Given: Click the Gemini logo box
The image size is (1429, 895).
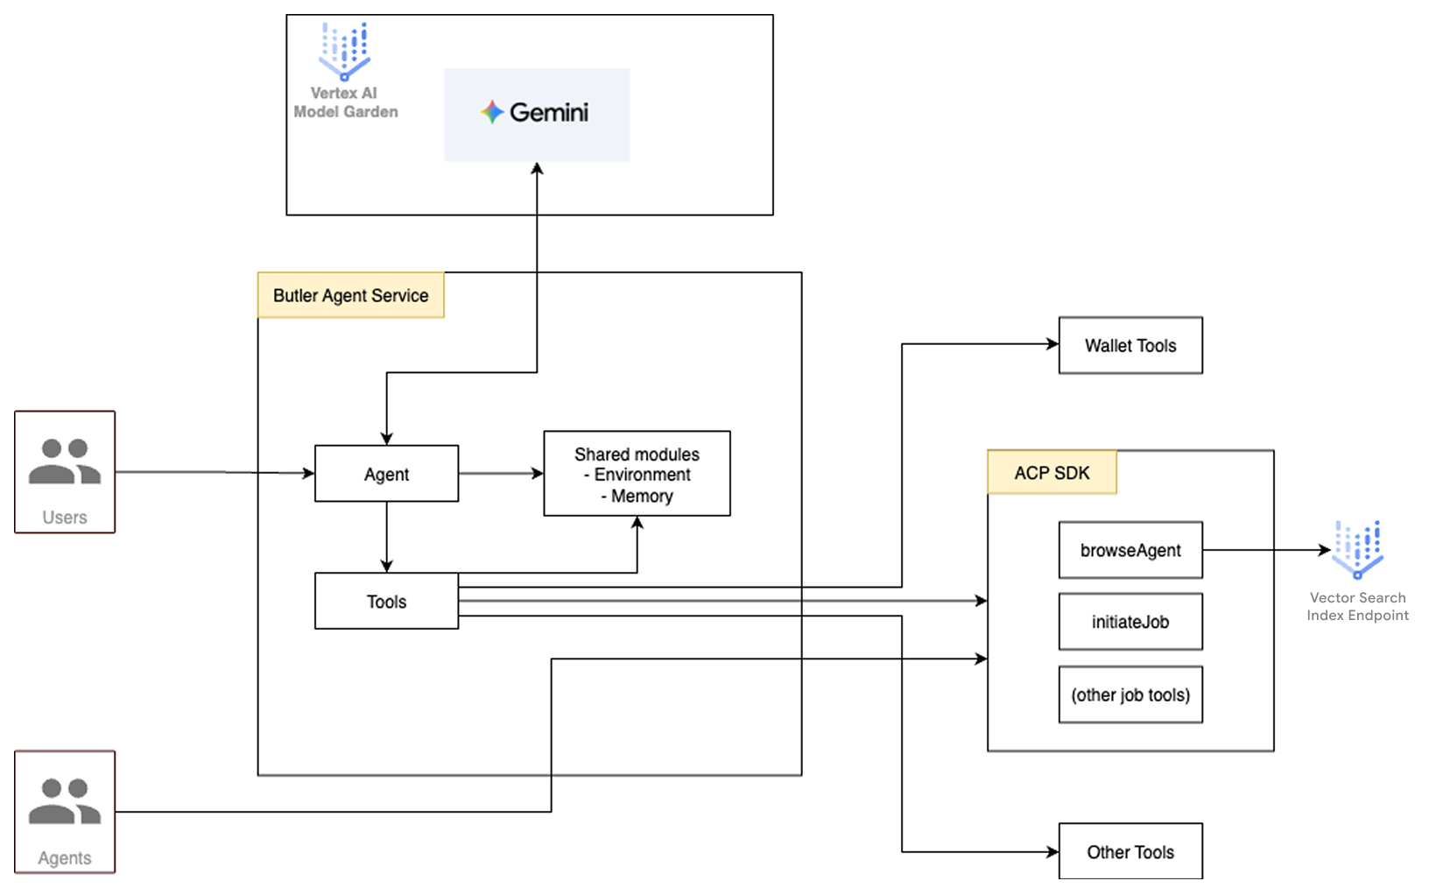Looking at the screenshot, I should click(x=536, y=114).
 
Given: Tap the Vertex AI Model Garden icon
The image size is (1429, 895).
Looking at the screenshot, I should click(x=344, y=52).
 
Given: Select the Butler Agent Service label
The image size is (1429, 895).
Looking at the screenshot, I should click(x=350, y=295).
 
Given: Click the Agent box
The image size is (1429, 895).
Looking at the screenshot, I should click(x=386, y=474).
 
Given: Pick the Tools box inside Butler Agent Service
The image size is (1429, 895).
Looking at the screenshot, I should click(x=386, y=602).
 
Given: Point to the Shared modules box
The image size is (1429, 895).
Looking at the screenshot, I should click(x=637, y=473).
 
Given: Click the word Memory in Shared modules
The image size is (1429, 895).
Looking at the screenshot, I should click(x=642, y=497).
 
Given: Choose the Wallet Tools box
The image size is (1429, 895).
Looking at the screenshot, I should click(x=1130, y=345).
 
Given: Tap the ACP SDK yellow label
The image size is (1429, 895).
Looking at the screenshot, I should click(x=1052, y=473).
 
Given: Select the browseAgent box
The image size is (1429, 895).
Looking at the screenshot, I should click(x=1130, y=550).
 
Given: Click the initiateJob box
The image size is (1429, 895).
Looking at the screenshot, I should click(x=1130, y=622).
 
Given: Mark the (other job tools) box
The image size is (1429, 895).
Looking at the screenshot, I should click(x=1130, y=694).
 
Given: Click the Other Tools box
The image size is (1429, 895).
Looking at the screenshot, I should click(x=1130, y=851).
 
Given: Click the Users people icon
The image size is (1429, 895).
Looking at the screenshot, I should click(x=65, y=462).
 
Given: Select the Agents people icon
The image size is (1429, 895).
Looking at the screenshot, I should click(x=65, y=801).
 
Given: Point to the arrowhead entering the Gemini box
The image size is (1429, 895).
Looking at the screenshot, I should click(x=537, y=168).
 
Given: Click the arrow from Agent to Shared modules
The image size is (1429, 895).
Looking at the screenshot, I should click(x=500, y=474).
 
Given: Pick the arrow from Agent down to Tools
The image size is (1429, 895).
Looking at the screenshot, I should click(x=386, y=536).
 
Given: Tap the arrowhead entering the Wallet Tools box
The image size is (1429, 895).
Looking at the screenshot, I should click(x=1052, y=344).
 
